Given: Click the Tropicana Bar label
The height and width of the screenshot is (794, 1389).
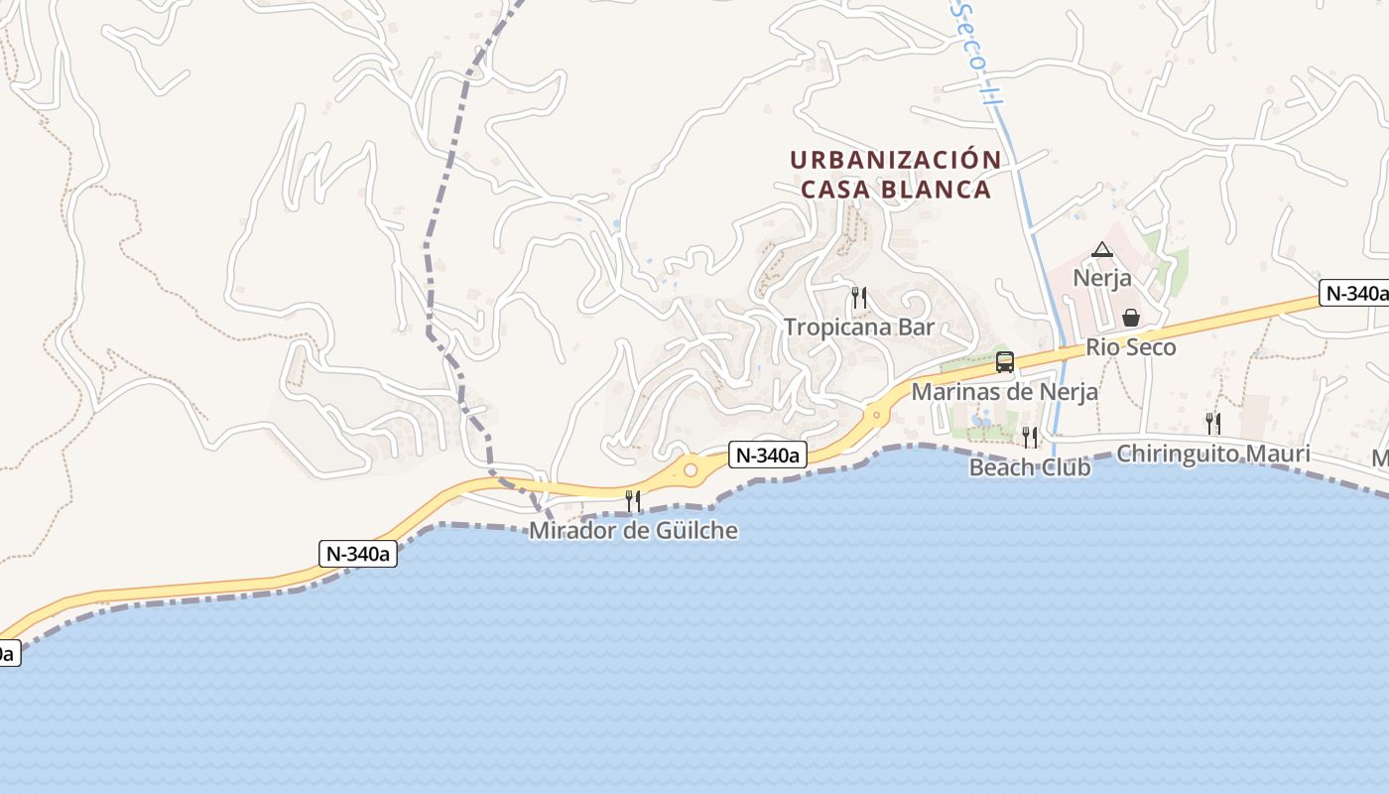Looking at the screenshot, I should [859, 327].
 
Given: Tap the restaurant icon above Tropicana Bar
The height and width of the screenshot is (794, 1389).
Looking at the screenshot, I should [859, 297].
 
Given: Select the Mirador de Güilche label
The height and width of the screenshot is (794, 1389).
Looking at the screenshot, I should [633, 531].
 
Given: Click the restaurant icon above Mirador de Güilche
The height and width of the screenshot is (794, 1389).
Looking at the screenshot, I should [632, 500].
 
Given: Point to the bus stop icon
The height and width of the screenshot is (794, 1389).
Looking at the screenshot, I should [1004, 362].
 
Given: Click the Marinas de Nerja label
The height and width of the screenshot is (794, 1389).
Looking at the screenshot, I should [1004, 392].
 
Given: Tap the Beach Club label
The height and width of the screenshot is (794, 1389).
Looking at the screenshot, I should [1030, 466].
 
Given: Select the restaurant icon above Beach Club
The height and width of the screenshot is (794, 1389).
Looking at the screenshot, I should [1030, 437].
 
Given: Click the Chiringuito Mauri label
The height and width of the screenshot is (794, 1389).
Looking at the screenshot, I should [1212, 454].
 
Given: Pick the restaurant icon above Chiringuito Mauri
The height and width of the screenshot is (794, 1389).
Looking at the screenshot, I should [1212, 424].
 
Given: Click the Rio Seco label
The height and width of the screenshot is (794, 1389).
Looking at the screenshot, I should [1130, 347].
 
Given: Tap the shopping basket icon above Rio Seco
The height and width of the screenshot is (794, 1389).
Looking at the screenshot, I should [1130, 318].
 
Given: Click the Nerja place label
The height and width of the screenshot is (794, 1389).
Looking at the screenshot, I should [1101, 278].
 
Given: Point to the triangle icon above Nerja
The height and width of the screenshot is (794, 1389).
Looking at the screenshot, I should [1101, 250].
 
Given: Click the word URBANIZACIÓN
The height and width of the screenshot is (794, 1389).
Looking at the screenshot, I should [895, 160].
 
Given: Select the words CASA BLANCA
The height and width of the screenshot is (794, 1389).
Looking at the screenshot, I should [895, 190].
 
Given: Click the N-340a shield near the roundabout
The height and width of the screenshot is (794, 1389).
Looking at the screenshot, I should [767, 456].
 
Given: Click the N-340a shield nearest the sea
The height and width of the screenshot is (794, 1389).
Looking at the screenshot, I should [358, 554].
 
